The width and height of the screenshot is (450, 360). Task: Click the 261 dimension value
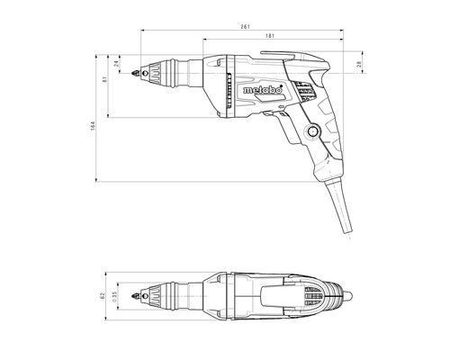coord(245,27)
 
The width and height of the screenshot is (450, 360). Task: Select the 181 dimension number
coord(270,36)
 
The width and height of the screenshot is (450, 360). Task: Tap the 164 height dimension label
coord(93,125)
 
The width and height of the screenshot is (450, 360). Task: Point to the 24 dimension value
coord(116,63)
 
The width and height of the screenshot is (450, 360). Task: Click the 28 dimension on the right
coord(359,63)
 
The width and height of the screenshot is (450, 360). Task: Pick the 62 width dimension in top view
coord(103,296)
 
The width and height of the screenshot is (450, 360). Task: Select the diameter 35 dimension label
coord(114,296)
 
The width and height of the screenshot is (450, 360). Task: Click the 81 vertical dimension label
coord(104,79)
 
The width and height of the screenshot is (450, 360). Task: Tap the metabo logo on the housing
coord(263,90)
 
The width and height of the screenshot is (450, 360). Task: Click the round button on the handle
coord(312,131)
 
